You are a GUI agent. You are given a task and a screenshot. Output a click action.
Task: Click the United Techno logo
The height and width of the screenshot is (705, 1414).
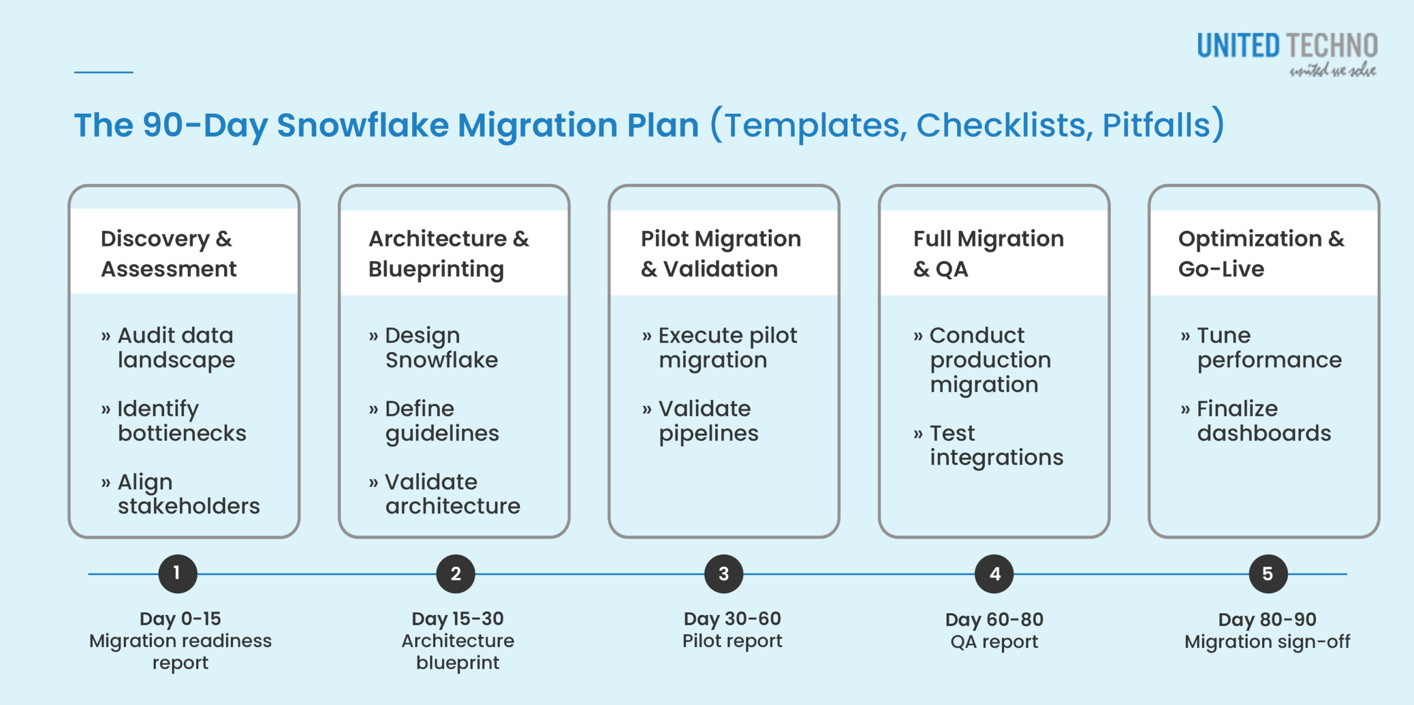pos(1286,53)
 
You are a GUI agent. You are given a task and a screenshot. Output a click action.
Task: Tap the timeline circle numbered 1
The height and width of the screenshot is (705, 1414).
pos(177,574)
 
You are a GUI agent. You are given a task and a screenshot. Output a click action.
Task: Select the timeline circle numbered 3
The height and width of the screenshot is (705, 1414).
pos(724,574)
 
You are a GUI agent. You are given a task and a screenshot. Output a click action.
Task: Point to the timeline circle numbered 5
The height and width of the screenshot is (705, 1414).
pos(1268,574)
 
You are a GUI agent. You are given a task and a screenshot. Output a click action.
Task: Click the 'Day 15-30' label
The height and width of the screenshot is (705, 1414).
pos(457,618)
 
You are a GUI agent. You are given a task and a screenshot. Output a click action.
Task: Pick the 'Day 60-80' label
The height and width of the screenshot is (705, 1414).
pos(994,619)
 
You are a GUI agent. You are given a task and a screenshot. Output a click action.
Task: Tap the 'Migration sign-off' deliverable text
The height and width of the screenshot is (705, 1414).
pos(1267,641)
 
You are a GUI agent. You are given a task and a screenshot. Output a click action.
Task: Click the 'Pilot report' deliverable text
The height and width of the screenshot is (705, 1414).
pos(732,641)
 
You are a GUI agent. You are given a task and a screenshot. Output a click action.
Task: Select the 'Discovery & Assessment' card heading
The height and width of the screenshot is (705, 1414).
pos(168,254)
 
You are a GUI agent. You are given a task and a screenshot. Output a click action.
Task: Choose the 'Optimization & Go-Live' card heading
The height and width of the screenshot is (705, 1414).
pos(1261,254)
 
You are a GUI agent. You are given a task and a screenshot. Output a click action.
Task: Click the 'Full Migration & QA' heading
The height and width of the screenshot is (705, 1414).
pos(988,254)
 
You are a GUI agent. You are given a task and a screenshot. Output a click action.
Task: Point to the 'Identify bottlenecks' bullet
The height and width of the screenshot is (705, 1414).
pos(181,420)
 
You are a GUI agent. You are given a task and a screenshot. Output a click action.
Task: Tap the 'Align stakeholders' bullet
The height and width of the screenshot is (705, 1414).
pos(188,494)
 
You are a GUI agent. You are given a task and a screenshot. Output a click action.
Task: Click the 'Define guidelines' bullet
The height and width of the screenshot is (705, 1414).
pos(441,420)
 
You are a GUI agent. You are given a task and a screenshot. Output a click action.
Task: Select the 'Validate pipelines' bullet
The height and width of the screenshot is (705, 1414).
pos(708,420)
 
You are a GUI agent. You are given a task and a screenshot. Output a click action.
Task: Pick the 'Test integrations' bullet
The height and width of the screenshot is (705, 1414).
pos(996,445)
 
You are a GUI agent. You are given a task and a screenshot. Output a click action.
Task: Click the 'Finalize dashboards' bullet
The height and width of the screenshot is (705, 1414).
pos(1264,420)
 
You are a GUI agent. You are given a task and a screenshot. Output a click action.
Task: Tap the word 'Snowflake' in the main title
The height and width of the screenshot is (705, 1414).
pos(363,125)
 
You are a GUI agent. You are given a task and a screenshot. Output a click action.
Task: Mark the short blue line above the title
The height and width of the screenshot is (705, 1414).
pos(104,72)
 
